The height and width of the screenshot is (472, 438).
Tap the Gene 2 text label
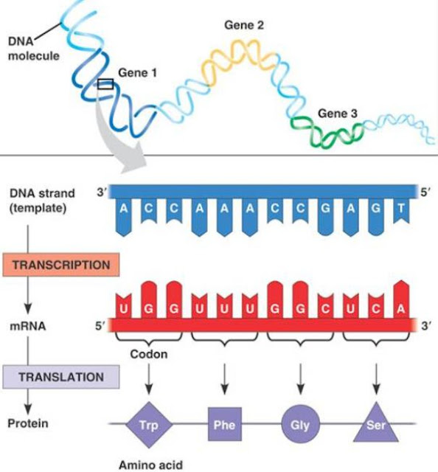pos(244,25)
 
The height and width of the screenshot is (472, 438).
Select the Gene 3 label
pos(338,114)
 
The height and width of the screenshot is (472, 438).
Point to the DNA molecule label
pos(33,49)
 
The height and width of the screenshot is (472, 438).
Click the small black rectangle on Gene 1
pos(105,84)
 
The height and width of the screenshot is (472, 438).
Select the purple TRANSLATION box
pos(61,377)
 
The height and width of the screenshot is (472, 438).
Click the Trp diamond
pos(149,425)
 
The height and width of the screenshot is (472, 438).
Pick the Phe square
pos(224,425)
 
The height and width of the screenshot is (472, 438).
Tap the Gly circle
pos(299,425)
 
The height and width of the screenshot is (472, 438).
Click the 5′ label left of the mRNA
pos(101,324)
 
